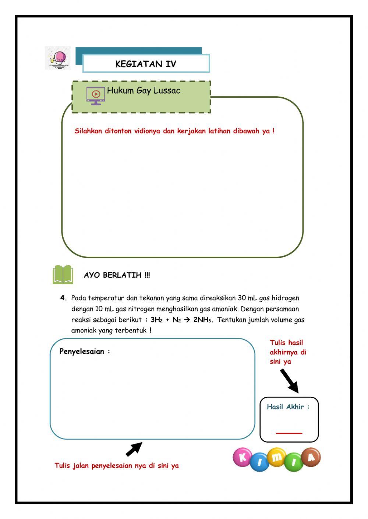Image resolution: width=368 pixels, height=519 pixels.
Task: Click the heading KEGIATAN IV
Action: click(x=146, y=64)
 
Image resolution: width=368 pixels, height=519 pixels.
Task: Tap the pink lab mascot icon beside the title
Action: click(x=58, y=58)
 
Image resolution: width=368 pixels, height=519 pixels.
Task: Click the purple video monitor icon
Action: click(x=96, y=96)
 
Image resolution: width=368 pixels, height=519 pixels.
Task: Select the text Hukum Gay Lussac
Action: click(x=144, y=91)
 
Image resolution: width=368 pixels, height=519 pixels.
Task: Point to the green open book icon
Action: click(x=63, y=274)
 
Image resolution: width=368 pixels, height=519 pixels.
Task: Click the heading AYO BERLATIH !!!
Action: click(x=117, y=275)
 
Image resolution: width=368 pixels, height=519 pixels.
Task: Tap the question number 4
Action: click(x=63, y=298)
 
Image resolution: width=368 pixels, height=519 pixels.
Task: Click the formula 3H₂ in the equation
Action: click(x=156, y=320)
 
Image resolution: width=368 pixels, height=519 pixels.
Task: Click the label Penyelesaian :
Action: click(x=85, y=352)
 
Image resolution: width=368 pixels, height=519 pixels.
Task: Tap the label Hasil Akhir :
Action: click(x=288, y=407)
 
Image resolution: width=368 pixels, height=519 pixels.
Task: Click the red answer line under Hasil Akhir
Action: click(x=289, y=433)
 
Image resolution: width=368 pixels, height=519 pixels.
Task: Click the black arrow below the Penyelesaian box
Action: click(x=134, y=449)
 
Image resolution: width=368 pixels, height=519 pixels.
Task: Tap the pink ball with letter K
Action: click(x=242, y=457)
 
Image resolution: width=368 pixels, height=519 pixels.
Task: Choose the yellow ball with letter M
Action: click(x=276, y=457)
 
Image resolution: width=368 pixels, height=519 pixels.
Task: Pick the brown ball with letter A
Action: click(x=311, y=457)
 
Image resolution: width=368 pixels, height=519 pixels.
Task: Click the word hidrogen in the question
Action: click(x=285, y=298)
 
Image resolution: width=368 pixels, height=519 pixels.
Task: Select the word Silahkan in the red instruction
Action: click(x=88, y=131)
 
